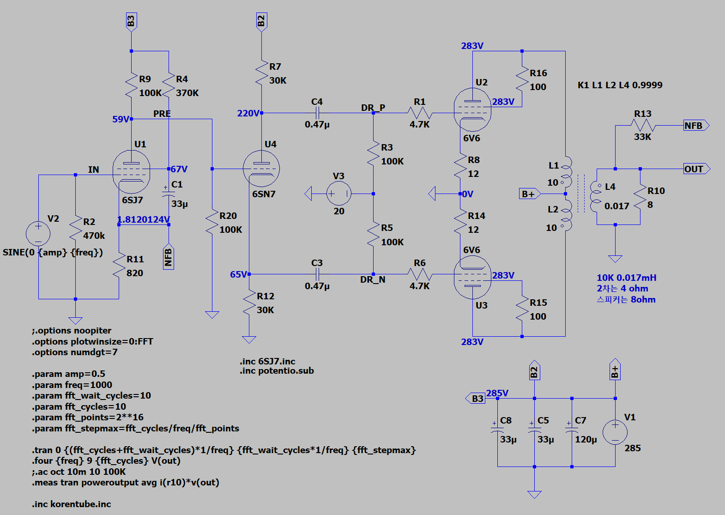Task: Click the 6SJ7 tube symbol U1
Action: pyautogui.click(x=131, y=172)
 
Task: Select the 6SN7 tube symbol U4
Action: pyautogui.click(x=261, y=169)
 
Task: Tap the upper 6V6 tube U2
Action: pyautogui.click(x=472, y=110)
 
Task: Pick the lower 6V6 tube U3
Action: pyautogui.click(x=472, y=278)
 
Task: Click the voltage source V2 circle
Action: pyautogui.click(x=38, y=234)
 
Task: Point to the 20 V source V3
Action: pyautogui.click(x=339, y=194)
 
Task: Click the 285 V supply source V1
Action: pyautogui.click(x=615, y=432)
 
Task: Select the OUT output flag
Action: pyautogui.click(x=696, y=169)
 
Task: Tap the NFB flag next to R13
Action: pyautogui.click(x=696, y=125)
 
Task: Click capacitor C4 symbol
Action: pyautogui.click(x=318, y=113)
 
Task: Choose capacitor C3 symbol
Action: pyautogui.click(x=318, y=274)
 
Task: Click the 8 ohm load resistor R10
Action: pyautogui.click(x=640, y=197)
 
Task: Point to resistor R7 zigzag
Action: pyautogui.click(x=261, y=73)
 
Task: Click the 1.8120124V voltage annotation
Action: pyautogui.click(x=143, y=219)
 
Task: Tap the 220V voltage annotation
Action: pyautogui.click(x=248, y=113)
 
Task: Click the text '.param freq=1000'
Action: pyautogui.click(x=72, y=385)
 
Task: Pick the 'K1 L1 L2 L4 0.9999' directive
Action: pyautogui.click(x=620, y=85)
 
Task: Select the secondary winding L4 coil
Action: pyautogui.click(x=595, y=196)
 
